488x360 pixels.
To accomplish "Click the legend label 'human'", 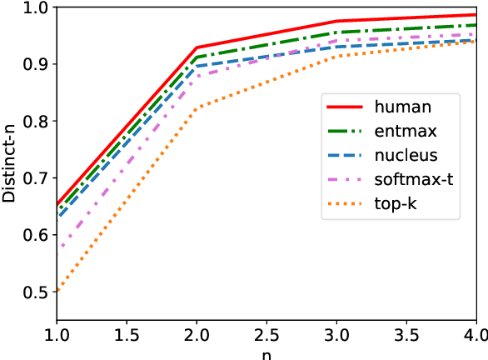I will coord(403,106).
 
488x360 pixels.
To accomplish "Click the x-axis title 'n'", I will coord(266,352).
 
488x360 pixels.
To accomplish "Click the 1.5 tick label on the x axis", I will coord(126,333).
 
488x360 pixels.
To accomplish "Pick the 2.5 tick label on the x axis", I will coord(266,333).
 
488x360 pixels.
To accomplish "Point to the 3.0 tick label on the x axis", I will coord(336,333).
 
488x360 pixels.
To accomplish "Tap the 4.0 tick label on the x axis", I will coord(476,333).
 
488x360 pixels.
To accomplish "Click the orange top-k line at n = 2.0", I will coord(197,107).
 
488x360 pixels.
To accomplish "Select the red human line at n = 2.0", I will coord(197,47).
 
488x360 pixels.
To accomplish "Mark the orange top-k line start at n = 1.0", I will coord(57,292).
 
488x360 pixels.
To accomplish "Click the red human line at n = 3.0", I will coord(336,22).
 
